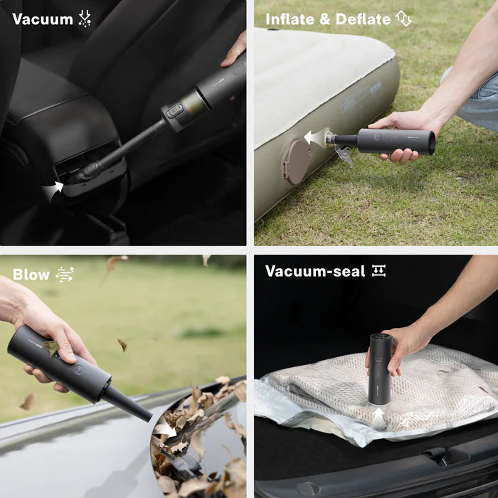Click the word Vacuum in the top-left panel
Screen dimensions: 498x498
43,19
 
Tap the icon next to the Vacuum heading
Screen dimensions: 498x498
85,19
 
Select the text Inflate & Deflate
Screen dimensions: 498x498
328,19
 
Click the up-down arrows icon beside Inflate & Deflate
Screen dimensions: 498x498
404,19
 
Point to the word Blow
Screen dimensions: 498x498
31,275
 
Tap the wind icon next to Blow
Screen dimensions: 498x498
65,275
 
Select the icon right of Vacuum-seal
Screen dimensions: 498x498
378,271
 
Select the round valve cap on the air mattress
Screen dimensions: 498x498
295,161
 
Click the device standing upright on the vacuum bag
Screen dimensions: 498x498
380,366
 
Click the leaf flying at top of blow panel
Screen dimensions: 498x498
114,264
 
